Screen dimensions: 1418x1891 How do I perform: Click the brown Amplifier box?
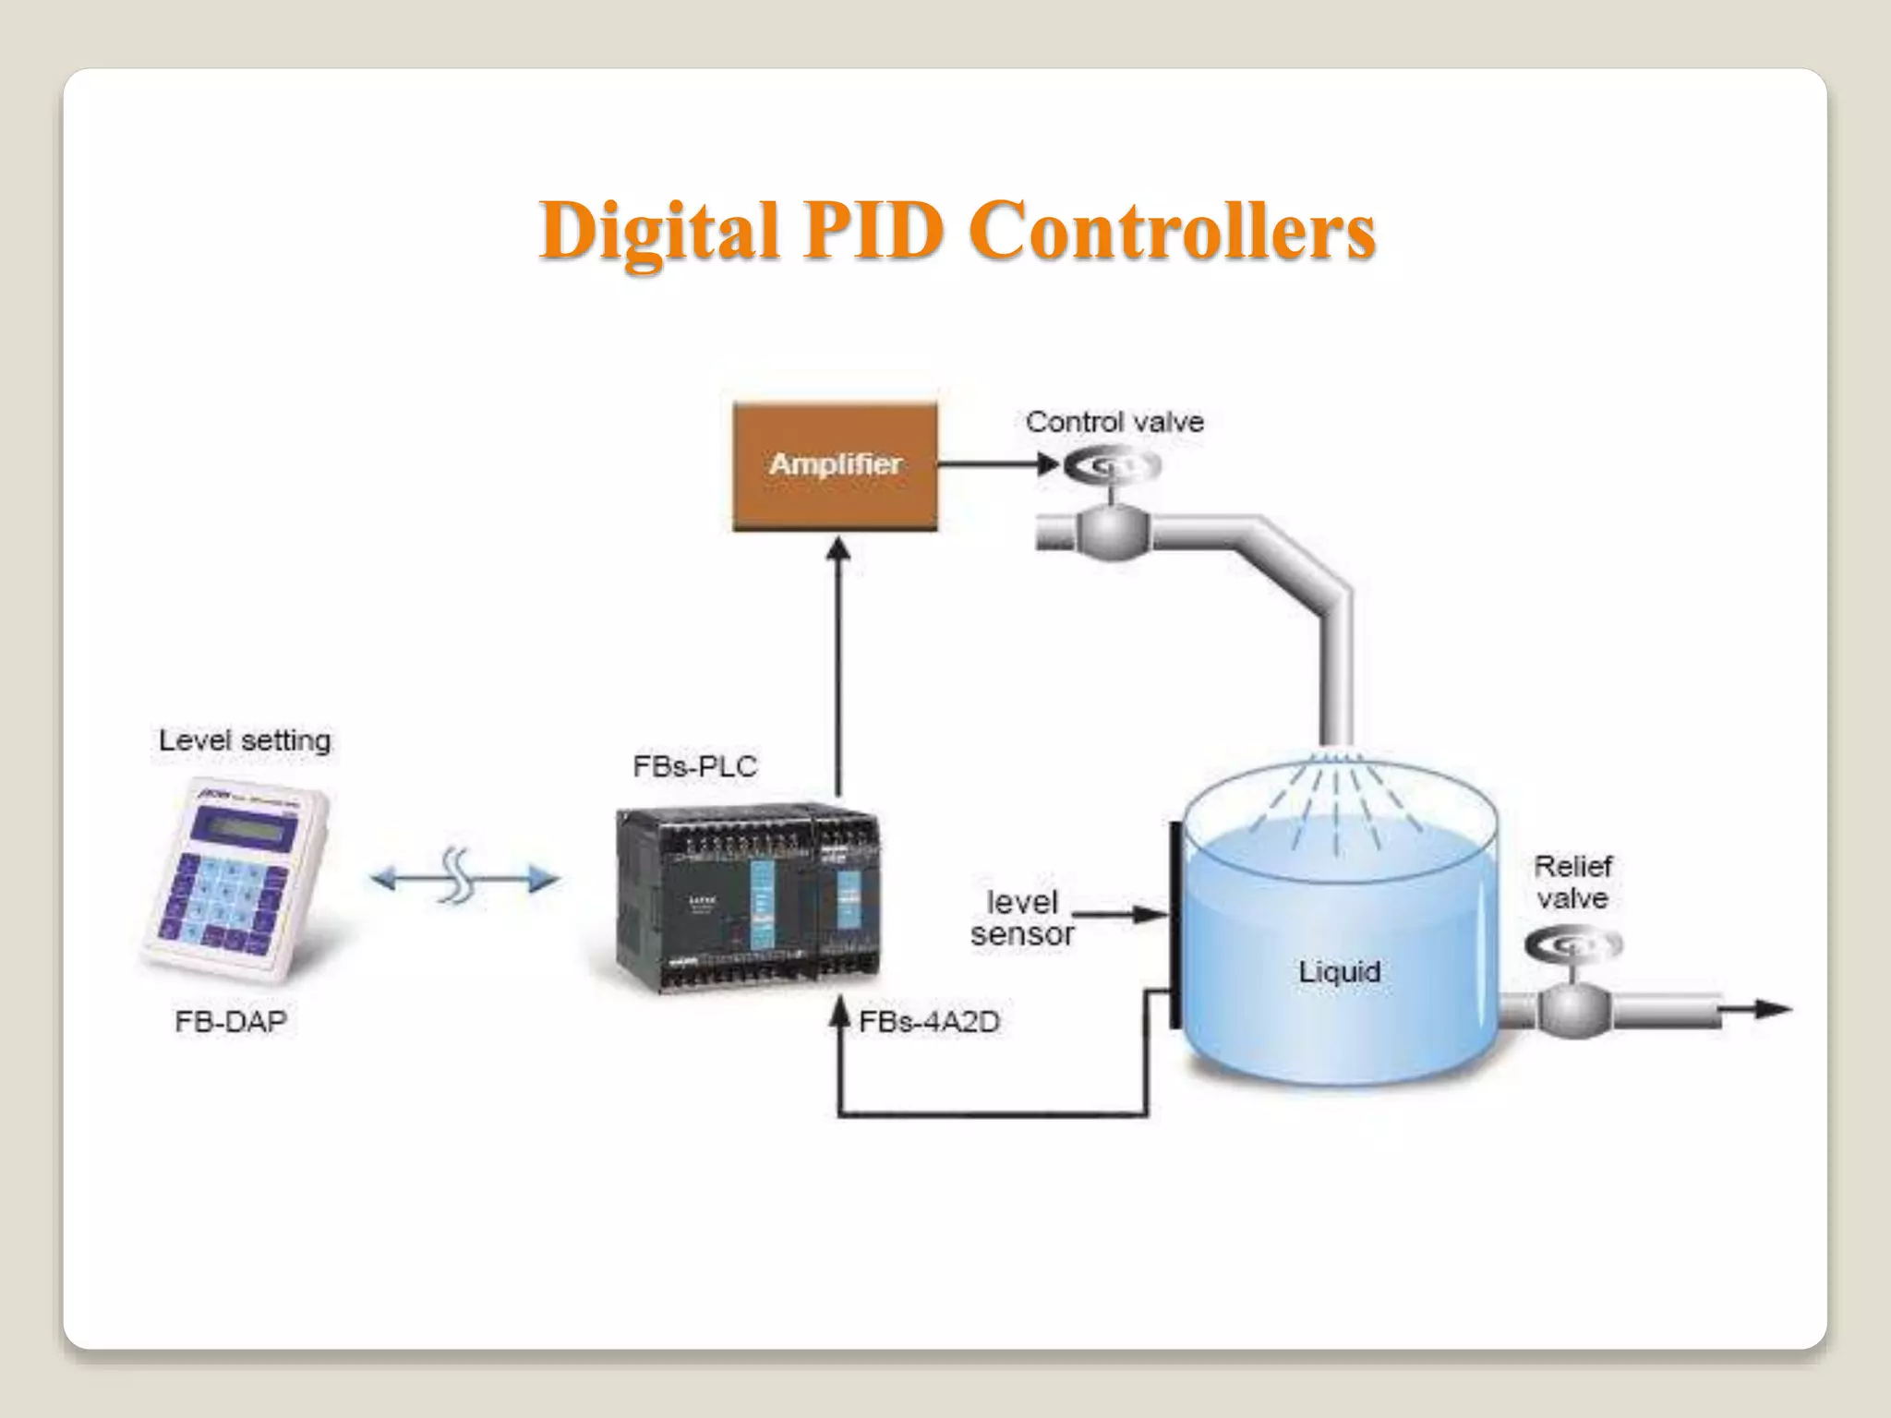pyautogui.click(x=835, y=464)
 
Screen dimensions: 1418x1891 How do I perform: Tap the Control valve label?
pyautogui.click(x=1114, y=423)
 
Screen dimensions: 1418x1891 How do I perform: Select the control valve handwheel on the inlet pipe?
pyautogui.click(x=1112, y=467)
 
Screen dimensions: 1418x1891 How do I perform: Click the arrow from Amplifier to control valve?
pyautogui.click(x=997, y=463)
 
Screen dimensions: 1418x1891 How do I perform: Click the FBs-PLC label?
pyautogui.click(x=694, y=766)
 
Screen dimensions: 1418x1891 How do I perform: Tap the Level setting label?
pyautogui.click(x=245, y=740)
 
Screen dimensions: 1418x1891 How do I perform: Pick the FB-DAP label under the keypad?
pyautogui.click(x=231, y=1021)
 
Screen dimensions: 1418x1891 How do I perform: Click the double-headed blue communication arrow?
pyautogui.click(x=464, y=878)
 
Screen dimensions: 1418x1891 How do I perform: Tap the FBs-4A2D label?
pyautogui.click(x=929, y=1022)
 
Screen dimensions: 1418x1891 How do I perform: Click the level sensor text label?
pyautogui.click(x=1022, y=918)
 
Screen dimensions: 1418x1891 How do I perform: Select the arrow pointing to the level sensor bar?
pyautogui.click(x=1122, y=915)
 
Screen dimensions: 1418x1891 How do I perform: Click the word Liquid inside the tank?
pyautogui.click(x=1339, y=971)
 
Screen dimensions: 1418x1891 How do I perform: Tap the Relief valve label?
pyautogui.click(x=1572, y=882)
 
